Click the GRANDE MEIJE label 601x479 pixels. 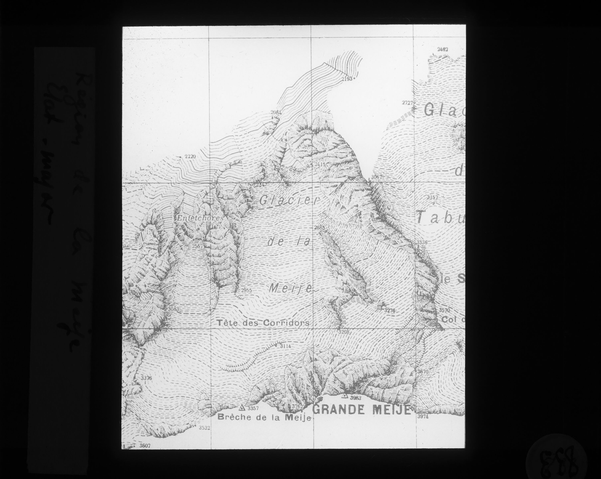pyautogui.click(x=362, y=410)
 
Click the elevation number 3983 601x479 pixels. pyautogui.click(x=355, y=398)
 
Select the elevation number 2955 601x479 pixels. pyautogui.click(x=246, y=290)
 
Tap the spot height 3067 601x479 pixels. pyautogui.click(x=376, y=177)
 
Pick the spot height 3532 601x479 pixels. pyautogui.click(x=204, y=428)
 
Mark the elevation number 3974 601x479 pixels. pyautogui.click(x=422, y=416)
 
